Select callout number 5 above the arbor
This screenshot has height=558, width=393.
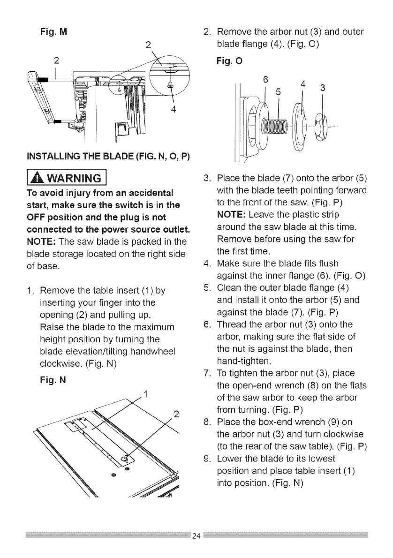(278, 91)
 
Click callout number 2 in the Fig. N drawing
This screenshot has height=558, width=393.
(176, 413)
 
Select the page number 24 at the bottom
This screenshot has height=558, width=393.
(196, 536)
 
